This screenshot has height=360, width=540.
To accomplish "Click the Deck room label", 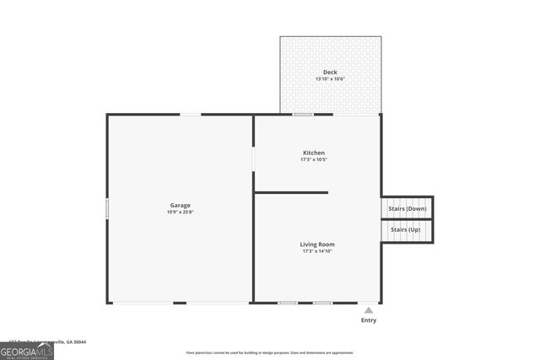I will click(330, 73).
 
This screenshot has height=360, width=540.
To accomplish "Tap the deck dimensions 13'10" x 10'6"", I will click(330, 79).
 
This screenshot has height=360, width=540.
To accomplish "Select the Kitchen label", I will click(314, 153).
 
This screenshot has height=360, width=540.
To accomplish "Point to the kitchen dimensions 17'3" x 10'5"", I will click(314, 159).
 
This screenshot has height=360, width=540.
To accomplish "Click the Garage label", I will click(180, 205).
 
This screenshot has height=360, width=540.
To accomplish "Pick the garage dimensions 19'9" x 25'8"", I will click(180, 212).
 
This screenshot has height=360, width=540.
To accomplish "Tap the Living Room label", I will click(318, 244).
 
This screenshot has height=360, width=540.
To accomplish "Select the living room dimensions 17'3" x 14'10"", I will click(318, 251).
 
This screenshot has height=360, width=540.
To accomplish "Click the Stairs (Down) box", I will click(407, 208).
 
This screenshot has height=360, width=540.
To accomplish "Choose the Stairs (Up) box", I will click(405, 229).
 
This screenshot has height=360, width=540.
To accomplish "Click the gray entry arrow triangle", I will click(368, 310).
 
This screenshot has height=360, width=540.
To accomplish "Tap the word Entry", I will click(369, 320).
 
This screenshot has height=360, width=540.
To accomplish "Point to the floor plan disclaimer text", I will click(270, 352).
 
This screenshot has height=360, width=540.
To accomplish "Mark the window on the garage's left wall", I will click(107, 208).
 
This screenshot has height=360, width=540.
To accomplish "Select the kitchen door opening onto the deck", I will click(303, 115).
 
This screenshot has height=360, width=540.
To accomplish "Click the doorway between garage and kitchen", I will click(253, 159).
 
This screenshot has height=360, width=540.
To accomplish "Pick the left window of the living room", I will click(288, 303).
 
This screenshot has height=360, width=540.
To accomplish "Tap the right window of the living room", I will click(322, 303).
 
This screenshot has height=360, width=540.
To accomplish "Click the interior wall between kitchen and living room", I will click(291, 192).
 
